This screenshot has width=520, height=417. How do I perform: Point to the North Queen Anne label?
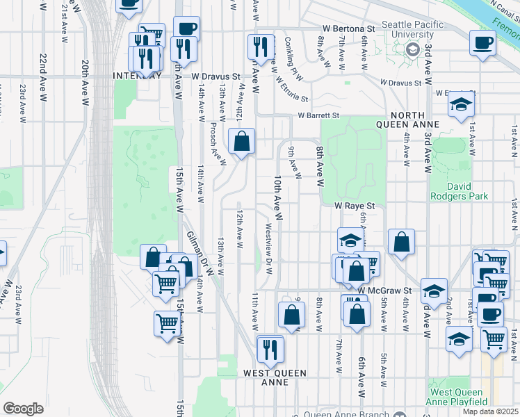click(x=417, y=121)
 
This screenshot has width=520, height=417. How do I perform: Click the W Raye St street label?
click(x=355, y=206)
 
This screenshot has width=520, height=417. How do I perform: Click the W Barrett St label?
click(x=318, y=115)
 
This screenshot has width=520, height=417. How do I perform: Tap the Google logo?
click(x=23, y=409)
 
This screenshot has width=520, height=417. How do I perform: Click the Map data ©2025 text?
click(x=490, y=411)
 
